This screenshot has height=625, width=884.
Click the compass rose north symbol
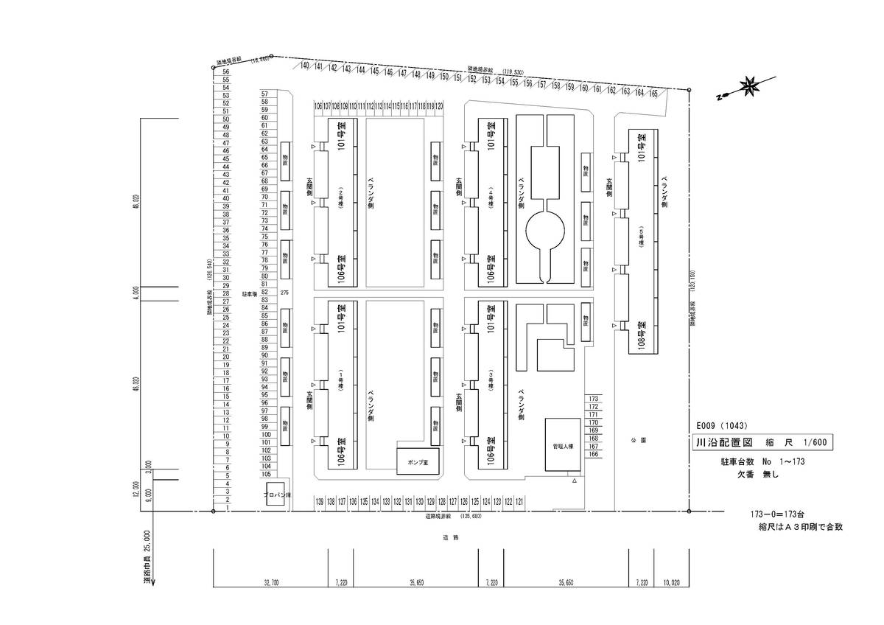(x=751, y=87)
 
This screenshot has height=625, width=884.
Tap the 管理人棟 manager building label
(x=562, y=446)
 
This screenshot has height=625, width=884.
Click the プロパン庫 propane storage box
(x=276, y=496)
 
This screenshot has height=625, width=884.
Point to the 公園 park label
(x=638, y=440)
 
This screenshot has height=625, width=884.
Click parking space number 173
(x=594, y=399)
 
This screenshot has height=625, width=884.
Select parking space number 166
(x=594, y=455)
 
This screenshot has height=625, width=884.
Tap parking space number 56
(x=226, y=72)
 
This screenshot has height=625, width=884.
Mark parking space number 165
(x=653, y=94)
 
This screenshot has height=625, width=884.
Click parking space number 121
(x=520, y=501)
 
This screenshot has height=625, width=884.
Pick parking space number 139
(x=320, y=501)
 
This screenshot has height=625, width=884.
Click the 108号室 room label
(x=642, y=337)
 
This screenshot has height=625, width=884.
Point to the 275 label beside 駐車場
(x=285, y=293)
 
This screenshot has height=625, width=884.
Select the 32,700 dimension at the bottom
(x=270, y=582)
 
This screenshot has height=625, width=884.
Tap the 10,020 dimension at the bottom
(x=670, y=582)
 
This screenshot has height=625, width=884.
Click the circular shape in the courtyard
(x=545, y=231)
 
